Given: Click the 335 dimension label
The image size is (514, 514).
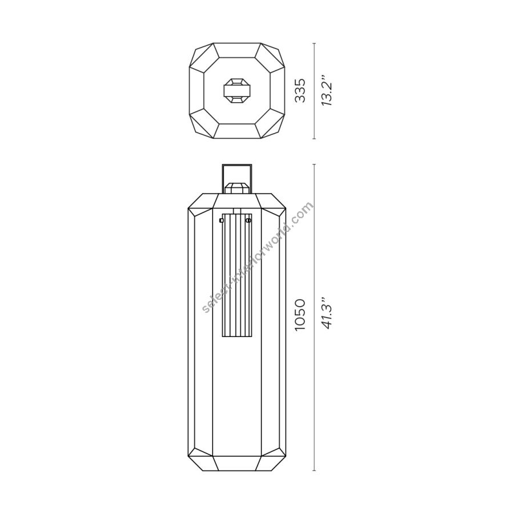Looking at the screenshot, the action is (x=300, y=90).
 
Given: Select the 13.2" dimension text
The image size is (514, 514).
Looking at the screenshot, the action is (x=327, y=90).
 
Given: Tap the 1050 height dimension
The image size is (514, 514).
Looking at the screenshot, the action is (x=300, y=315).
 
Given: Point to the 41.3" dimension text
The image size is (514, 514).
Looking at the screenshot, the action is (x=327, y=314).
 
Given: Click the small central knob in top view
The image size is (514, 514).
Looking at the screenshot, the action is (x=237, y=90).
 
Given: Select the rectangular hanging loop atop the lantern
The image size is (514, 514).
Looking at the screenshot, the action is (x=237, y=178).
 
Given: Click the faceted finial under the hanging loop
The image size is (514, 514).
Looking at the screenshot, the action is (x=237, y=188).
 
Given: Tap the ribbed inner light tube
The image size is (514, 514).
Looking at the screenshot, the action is (x=237, y=275).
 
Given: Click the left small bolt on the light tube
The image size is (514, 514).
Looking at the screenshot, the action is (x=221, y=220).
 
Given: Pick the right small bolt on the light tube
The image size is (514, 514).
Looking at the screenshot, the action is (x=248, y=220).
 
